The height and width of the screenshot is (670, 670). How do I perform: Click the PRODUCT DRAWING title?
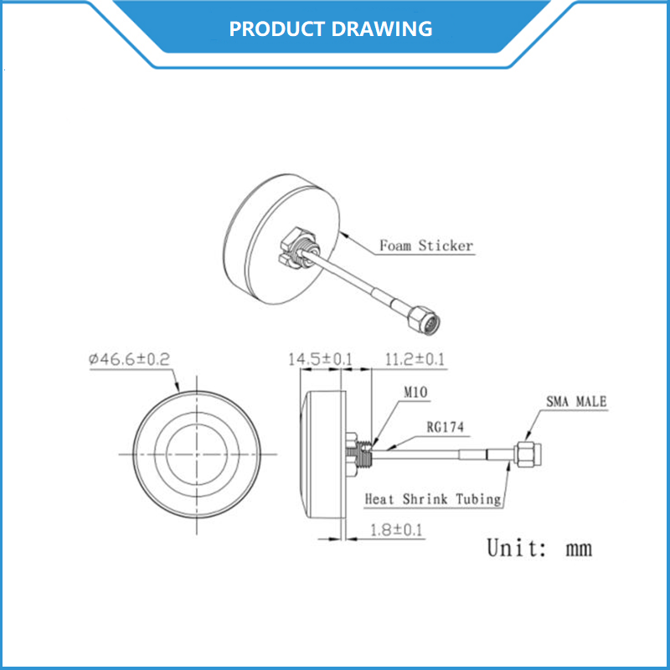(331, 28)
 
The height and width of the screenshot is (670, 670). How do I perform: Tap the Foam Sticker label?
(426, 246)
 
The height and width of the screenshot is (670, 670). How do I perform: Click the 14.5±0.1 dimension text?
(320, 360)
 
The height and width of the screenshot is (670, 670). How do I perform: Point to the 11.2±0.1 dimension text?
(414, 360)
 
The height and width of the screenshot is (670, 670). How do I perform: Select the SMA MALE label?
(576, 402)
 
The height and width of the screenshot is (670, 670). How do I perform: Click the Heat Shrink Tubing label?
(433, 499)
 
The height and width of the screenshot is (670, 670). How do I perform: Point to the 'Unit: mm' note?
(539, 549)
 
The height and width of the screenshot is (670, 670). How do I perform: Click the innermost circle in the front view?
(198, 453)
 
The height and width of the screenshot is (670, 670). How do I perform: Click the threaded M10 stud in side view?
(363, 453)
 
